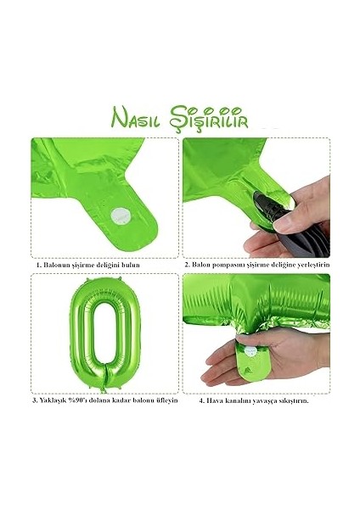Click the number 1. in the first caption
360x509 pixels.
tap(39, 265)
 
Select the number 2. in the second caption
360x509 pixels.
tap(188, 265)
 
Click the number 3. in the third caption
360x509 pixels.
tap(36, 401)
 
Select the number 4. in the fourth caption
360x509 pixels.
tap(202, 401)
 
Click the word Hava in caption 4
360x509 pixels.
tap(217, 401)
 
